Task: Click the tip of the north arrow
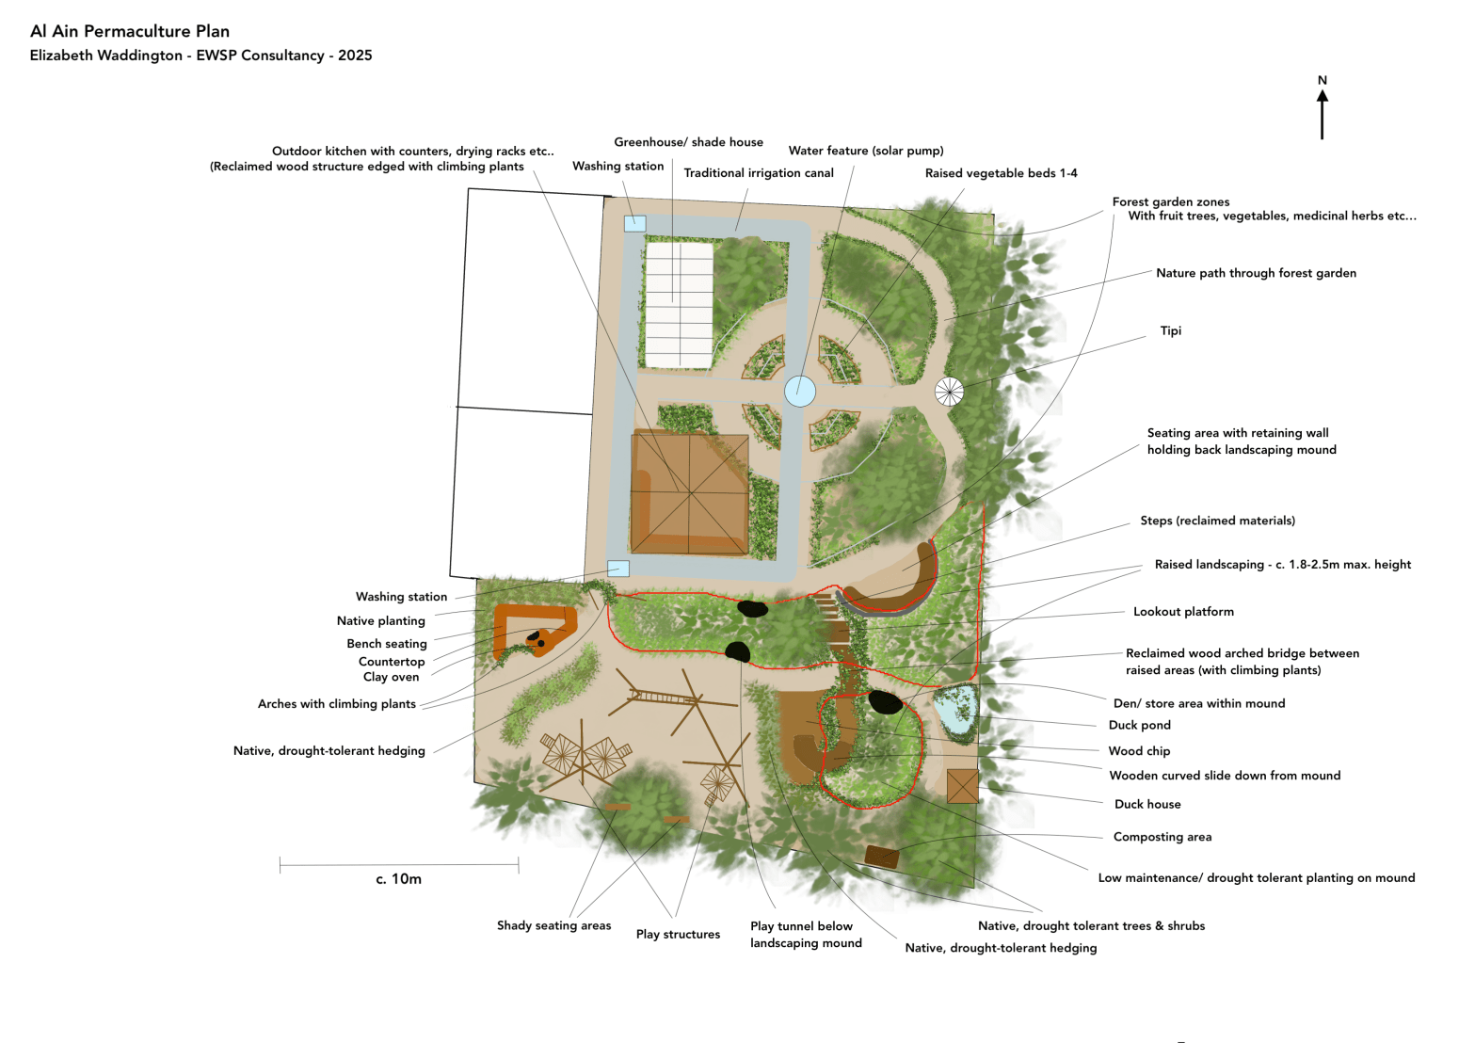[1323, 90]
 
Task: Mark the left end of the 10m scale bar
[280, 864]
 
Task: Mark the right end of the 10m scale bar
[519, 864]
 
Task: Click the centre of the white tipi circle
[950, 392]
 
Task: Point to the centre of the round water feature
[800, 392]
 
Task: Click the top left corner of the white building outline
[468, 189]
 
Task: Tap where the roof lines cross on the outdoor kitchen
[690, 493]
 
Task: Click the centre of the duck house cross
[963, 786]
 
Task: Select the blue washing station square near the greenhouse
[635, 223]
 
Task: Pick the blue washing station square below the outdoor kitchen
[618, 569]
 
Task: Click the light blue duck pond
[955, 710]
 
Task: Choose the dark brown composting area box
[882, 857]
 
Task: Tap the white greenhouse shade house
[680, 306]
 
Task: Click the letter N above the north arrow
[1323, 80]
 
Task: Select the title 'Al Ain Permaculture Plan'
[130, 31]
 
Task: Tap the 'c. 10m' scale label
[398, 879]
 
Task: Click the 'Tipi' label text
[1171, 330]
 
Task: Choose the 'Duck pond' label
[1140, 725]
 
